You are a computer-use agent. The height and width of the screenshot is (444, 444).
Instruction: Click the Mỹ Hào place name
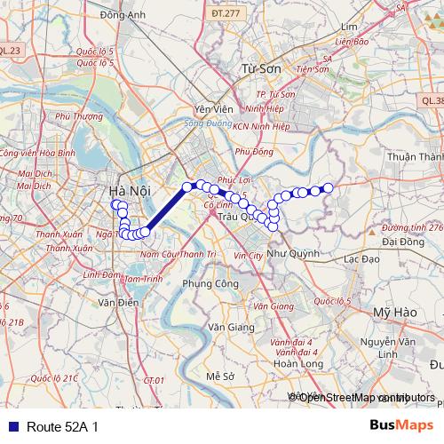394,313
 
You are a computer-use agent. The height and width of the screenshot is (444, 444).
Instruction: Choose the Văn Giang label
227,326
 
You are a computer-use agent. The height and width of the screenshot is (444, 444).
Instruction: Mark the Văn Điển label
117,303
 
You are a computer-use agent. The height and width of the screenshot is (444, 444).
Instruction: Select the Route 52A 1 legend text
62,427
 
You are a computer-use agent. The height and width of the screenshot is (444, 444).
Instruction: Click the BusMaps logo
402,426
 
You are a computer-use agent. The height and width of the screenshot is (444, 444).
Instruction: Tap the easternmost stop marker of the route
328,187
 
